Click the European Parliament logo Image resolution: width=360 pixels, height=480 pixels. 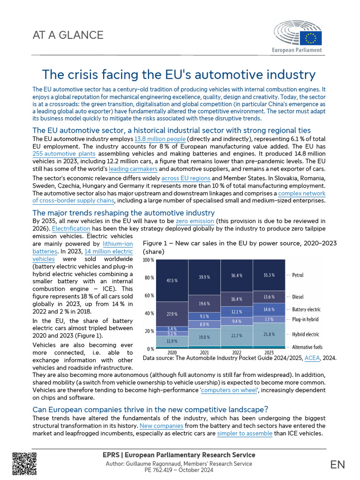(x=297, y=36)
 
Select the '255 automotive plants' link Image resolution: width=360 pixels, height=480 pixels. (x=64, y=154)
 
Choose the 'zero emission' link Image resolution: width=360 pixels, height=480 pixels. (x=195, y=221)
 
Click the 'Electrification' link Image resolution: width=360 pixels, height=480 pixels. (x=71, y=229)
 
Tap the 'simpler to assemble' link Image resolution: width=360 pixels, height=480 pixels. (x=245, y=434)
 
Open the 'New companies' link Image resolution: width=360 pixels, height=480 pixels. (x=161, y=426)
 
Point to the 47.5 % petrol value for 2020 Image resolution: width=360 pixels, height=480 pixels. (x=172, y=281)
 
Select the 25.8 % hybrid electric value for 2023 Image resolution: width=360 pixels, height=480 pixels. (x=269, y=334)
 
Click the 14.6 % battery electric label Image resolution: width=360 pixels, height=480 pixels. (x=269, y=309)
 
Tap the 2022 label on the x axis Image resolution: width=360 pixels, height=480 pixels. (x=236, y=352)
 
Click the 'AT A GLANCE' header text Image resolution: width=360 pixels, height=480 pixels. (x=68, y=35)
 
